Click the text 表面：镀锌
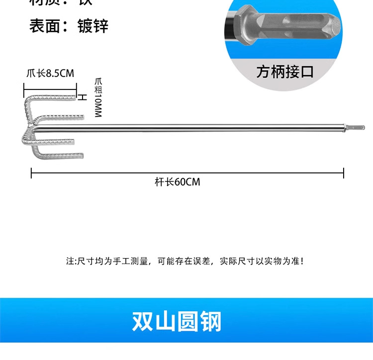click(x=68, y=25)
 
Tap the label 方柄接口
click(x=285, y=72)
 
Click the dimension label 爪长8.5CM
click(x=50, y=73)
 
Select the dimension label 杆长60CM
click(x=177, y=182)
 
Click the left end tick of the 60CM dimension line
click(x=31, y=173)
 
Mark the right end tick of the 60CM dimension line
click(x=344, y=173)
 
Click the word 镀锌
click(x=93, y=25)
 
